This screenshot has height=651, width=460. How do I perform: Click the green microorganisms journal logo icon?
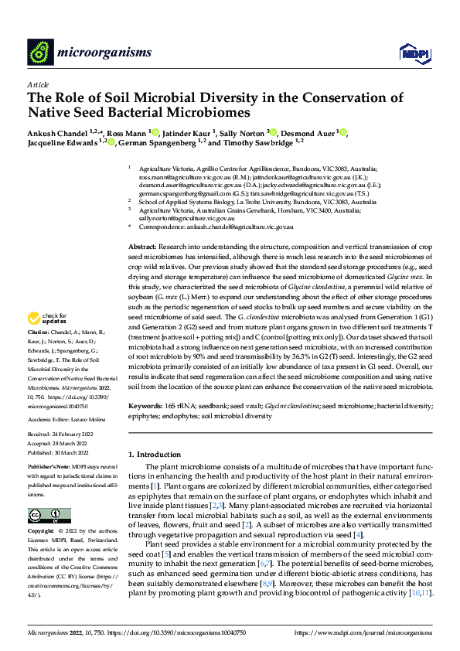coord(39,52)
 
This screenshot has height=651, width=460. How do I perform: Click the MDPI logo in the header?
coord(411,53)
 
